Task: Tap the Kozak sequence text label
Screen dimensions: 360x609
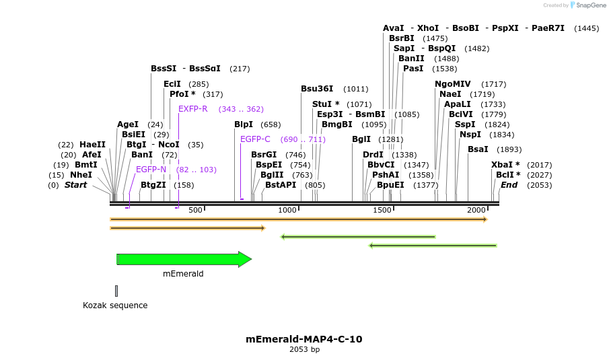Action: [115, 305]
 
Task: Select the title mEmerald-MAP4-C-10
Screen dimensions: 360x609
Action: [304, 339]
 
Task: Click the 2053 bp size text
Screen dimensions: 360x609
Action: [304, 350]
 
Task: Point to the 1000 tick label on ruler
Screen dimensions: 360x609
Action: [288, 211]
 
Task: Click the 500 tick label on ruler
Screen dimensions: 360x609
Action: [195, 211]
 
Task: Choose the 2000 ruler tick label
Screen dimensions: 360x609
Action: [476, 211]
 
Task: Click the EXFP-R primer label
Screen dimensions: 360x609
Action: [193, 109]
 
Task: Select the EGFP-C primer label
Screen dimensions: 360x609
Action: [255, 139]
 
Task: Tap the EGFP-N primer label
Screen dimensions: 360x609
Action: [151, 170]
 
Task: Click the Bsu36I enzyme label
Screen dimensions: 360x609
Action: [317, 89]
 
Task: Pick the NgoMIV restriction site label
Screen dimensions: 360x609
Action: [453, 84]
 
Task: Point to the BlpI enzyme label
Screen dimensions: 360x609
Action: [244, 124]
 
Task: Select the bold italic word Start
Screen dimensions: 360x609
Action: [75, 185]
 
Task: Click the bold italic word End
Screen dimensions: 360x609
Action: [509, 185]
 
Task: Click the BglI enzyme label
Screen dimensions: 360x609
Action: [361, 139]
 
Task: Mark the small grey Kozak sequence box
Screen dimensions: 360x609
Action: [116, 291]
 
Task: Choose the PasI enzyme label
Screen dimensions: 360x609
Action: [413, 69]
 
